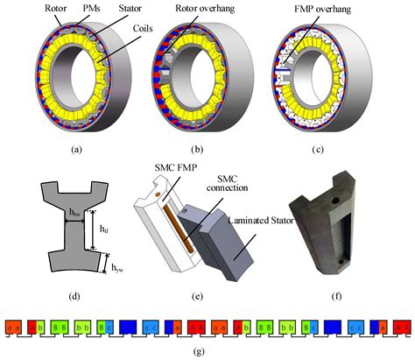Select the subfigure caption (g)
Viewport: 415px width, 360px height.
[x=207, y=351]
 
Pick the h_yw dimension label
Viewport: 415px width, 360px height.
[x=109, y=263]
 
